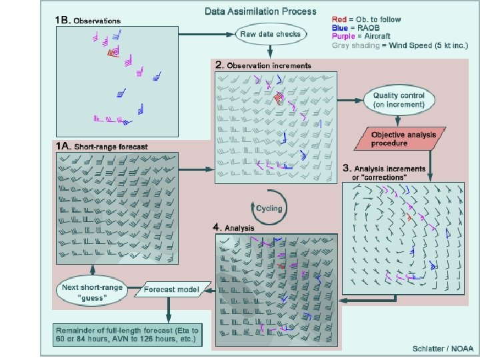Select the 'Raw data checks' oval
click(269, 33)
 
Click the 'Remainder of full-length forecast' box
click(126, 335)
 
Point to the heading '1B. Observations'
click(89, 20)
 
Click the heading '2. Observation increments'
click(263, 66)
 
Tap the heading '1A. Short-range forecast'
click(102, 145)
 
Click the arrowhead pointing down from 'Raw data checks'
click(269, 53)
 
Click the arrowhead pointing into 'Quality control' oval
click(358, 100)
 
